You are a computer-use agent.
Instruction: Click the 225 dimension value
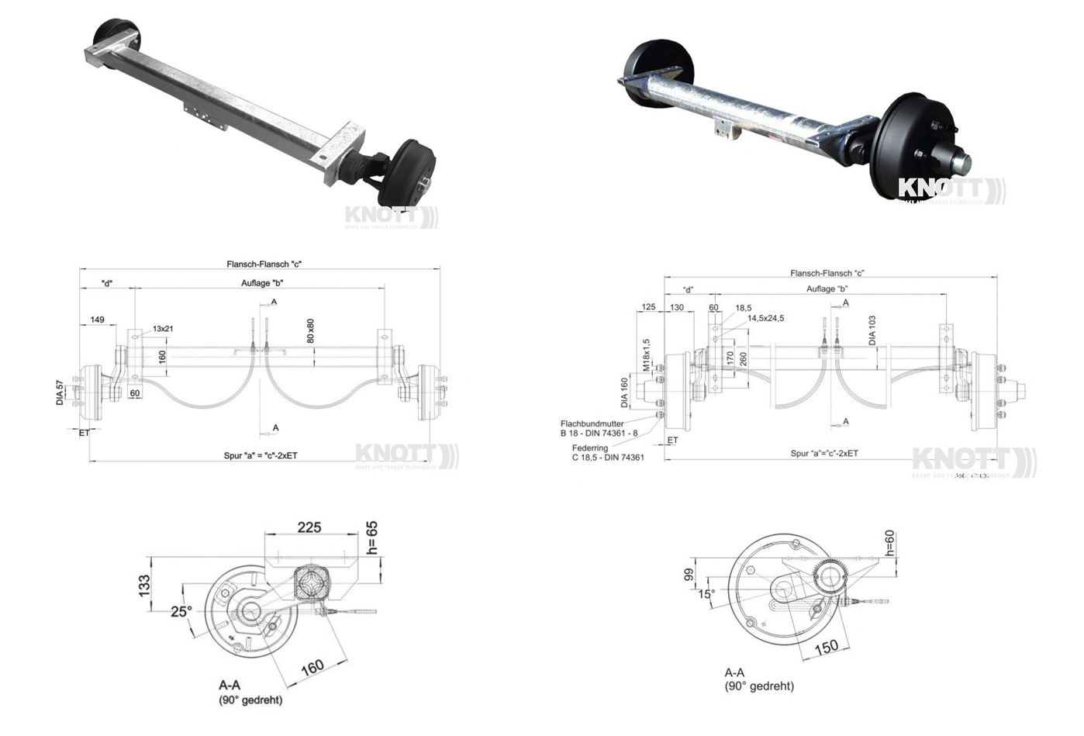tap(309, 527)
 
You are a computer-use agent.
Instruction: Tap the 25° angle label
tap(181, 611)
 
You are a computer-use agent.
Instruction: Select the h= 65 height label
tap(372, 537)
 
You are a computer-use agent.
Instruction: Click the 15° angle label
tap(706, 594)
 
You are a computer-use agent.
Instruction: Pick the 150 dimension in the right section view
tap(827, 646)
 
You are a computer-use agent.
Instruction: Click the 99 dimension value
tap(688, 575)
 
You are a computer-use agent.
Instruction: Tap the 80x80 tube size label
tap(310, 330)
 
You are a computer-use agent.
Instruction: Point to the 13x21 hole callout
tap(163, 329)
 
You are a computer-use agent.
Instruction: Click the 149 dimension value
tap(97, 320)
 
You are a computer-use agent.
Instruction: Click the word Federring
tap(590, 448)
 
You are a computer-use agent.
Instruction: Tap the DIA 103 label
tap(872, 330)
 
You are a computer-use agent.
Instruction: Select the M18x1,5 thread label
tap(645, 354)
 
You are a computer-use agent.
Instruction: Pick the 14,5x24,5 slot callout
tap(765, 318)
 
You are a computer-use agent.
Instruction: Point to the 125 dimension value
tap(649, 308)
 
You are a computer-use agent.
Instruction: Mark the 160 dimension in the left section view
tap(312, 667)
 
